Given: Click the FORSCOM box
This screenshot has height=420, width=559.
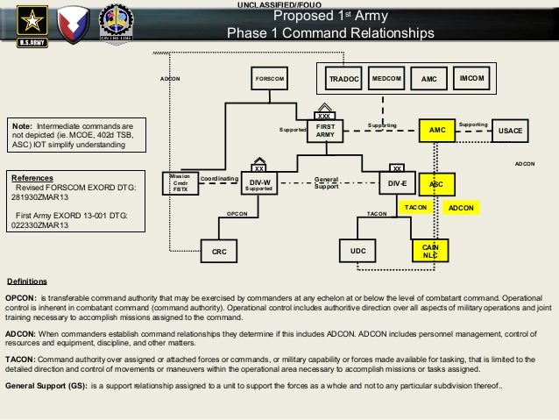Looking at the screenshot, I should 269,79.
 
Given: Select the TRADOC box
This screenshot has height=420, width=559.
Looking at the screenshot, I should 343,79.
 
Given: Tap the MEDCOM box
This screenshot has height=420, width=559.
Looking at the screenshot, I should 386,79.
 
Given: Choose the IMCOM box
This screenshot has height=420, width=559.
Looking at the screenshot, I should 474,79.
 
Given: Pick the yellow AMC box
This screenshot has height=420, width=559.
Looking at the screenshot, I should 437,130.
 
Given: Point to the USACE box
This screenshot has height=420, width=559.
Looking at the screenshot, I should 509,131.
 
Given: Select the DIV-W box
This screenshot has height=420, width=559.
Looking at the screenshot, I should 259,184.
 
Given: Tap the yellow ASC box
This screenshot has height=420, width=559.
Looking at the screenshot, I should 435,185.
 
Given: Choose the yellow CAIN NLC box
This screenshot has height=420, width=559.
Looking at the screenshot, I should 430,251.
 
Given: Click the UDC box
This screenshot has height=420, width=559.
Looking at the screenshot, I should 357,252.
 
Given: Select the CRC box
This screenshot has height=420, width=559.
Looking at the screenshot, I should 219,252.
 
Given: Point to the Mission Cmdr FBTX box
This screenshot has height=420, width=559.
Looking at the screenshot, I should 180,182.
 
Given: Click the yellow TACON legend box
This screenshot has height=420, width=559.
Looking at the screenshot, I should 414,207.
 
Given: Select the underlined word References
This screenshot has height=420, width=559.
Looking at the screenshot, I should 38,176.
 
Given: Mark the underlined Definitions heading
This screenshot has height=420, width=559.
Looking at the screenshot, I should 26,282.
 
